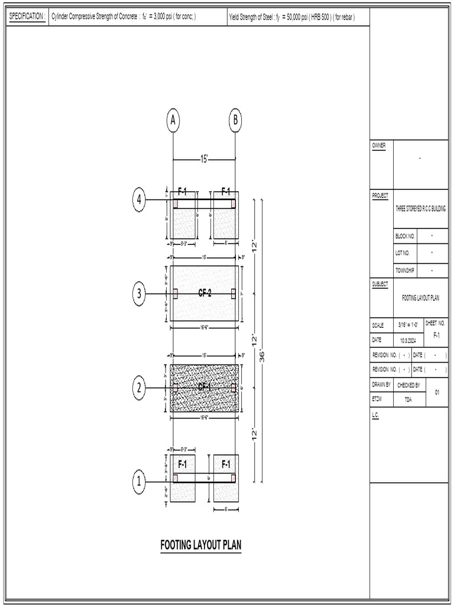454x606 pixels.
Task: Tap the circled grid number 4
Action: tap(140, 200)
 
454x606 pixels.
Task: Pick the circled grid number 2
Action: tap(140, 388)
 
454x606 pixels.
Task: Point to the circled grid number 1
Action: tap(140, 482)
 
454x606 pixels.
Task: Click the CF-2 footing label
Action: tap(205, 293)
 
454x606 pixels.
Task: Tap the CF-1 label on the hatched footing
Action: tap(205, 387)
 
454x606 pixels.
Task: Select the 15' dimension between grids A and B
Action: tap(204, 159)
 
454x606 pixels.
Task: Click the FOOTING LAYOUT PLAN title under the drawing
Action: tap(201, 544)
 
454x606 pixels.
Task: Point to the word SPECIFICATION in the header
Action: tap(27, 17)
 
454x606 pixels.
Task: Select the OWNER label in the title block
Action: tap(378, 145)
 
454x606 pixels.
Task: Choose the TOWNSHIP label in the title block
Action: tap(405, 270)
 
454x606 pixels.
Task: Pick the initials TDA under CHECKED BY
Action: tap(408, 400)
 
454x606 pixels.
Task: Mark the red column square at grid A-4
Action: tap(175, 204)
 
